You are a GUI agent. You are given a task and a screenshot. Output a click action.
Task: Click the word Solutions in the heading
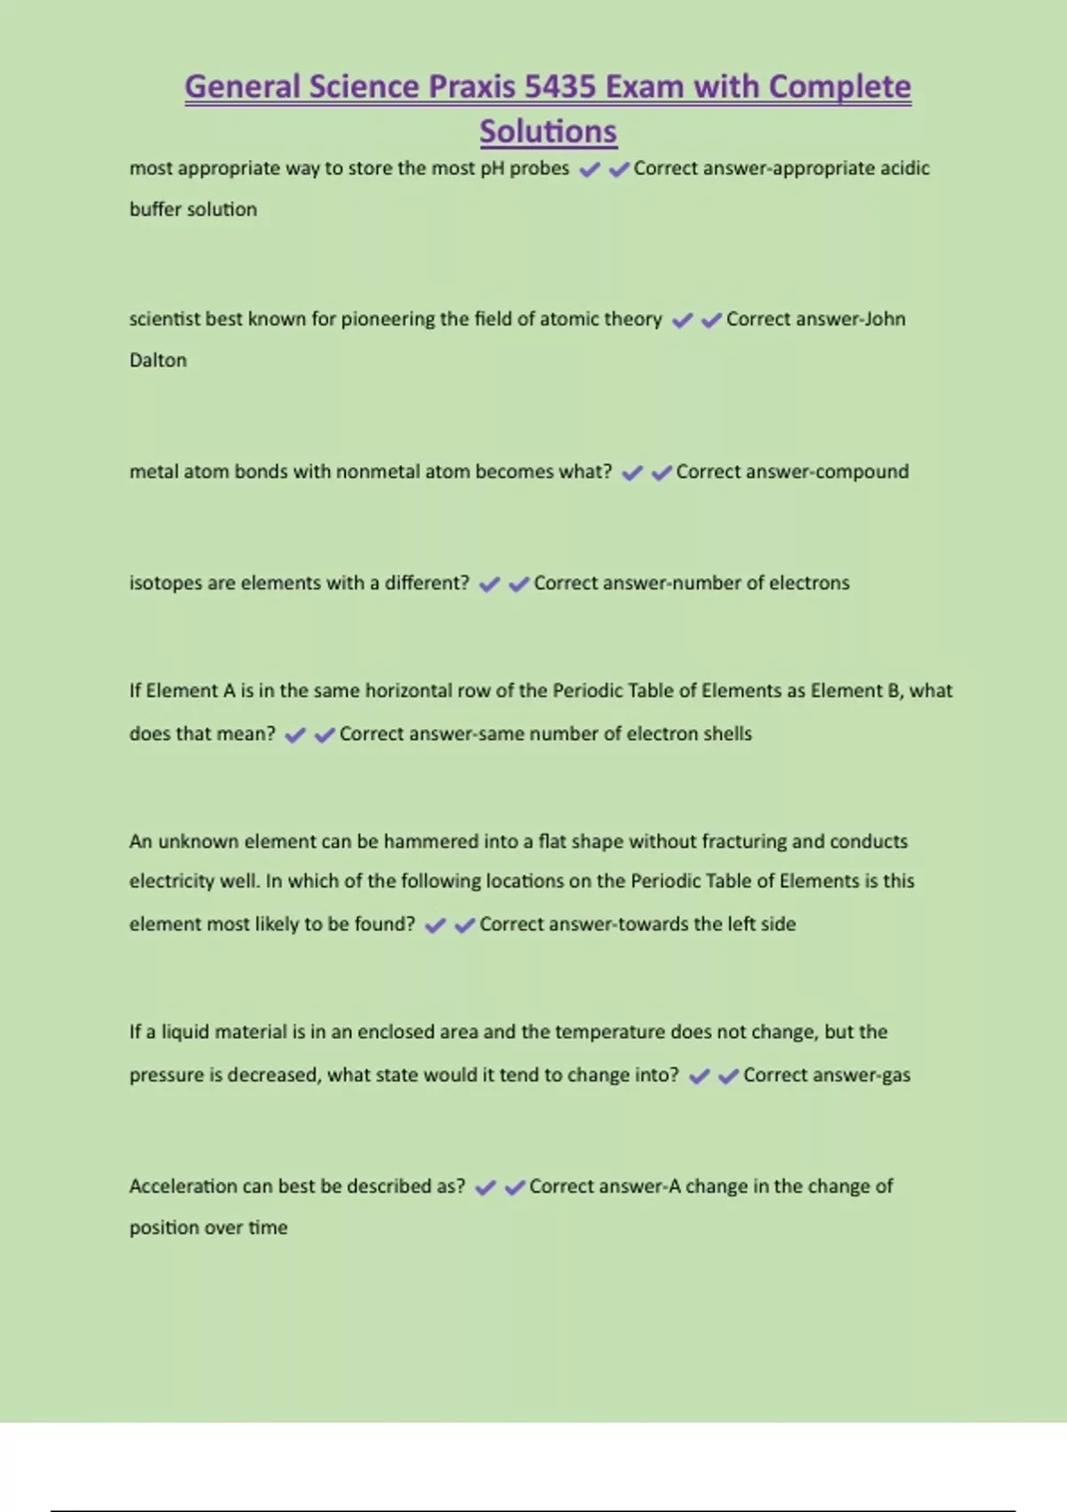(548, 132)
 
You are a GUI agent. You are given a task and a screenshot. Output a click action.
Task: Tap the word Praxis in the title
(471, 87)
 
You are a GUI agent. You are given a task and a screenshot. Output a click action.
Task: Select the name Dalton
(158, 360)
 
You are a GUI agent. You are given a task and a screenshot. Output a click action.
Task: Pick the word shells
(727, 734)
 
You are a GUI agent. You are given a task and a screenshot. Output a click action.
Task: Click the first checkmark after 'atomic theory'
(682, 320)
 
